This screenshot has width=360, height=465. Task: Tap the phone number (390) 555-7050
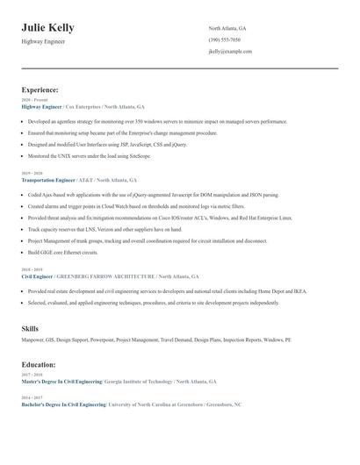tap(225, 39)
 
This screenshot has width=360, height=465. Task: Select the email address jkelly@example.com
tap(230, 52)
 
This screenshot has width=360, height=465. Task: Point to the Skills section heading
tap(30, 328)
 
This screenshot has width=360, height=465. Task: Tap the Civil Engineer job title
tap(39, 275)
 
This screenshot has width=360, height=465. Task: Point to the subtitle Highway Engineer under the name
tap(43, 42)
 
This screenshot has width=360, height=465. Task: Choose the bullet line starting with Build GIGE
tap(61, 252)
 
